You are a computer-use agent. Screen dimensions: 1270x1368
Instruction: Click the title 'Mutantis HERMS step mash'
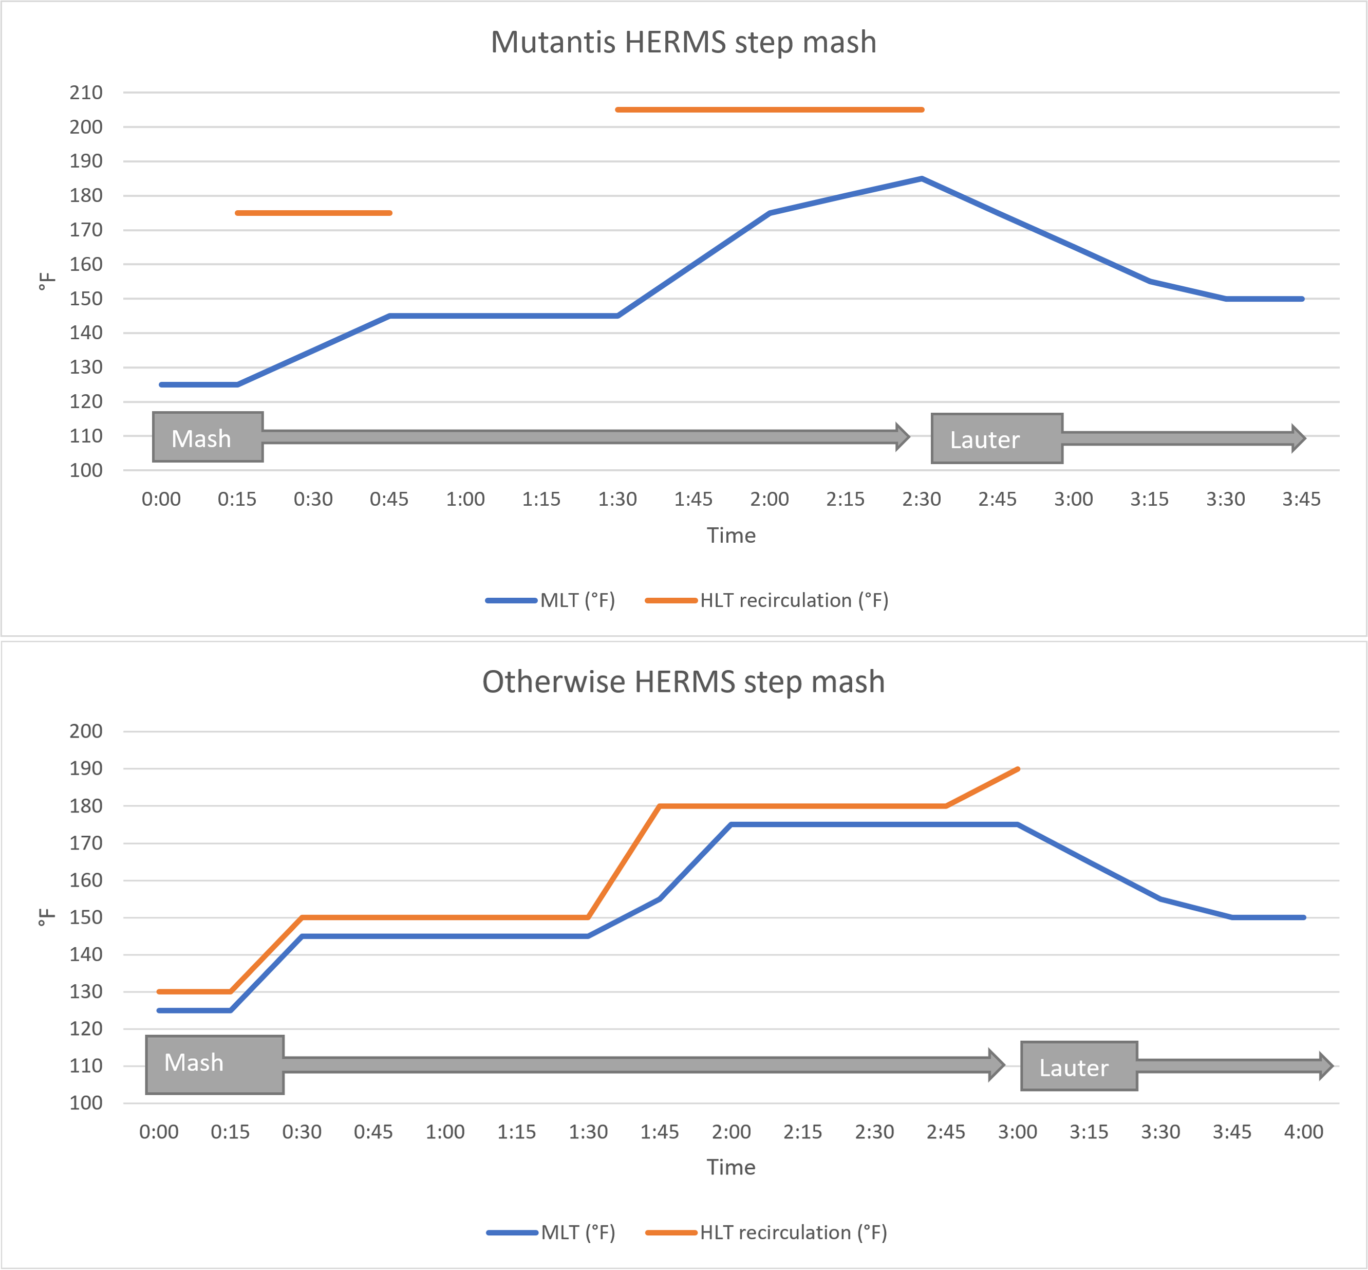tap(683, 42)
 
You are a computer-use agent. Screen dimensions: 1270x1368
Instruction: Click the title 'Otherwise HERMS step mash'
tap(683, 682)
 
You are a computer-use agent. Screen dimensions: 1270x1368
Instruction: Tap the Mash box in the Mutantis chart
tap(208, 437)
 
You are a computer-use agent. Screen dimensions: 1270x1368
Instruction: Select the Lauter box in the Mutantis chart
tap(997, 438)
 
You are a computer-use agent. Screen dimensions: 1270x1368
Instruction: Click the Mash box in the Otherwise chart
tap(214, 1064)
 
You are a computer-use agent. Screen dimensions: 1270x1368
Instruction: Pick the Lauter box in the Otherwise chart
tap(1078, 1066)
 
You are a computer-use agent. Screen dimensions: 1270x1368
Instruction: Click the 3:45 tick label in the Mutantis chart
tap(1301, 499)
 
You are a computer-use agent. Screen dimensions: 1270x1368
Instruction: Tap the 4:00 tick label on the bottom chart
tap(1303, 1132)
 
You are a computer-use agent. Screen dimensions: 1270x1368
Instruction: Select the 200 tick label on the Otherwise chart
tap(86, 731)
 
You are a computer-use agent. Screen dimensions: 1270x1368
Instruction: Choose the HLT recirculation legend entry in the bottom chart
tap(766, 1232)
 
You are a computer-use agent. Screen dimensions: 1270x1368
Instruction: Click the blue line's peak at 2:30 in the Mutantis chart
tap(921, 179)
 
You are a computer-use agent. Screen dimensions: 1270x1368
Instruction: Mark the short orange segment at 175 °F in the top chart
tap(313, 213)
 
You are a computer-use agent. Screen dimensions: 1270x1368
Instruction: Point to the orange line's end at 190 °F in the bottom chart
tap(1017, 769)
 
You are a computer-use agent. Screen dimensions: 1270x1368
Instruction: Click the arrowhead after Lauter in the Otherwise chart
tap(1325, 1066)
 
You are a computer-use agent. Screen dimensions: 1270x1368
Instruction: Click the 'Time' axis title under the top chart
tap(730, 536)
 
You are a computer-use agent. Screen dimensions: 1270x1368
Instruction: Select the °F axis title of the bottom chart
tap(45, 917)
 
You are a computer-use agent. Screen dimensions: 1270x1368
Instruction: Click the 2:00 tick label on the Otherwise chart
tap(730, 1132)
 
